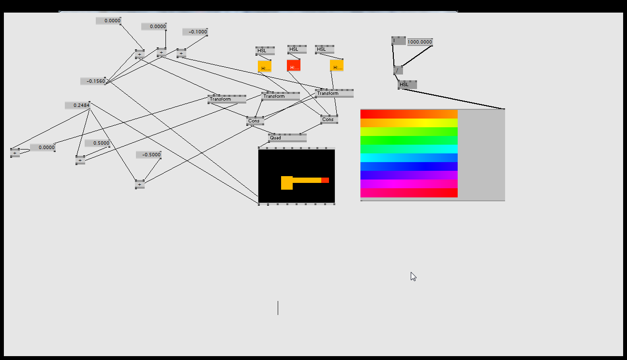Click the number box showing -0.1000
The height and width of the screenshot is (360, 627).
pos(195,32)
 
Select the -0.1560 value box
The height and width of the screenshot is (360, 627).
pos(93,81)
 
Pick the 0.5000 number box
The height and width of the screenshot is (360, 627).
pos(98,143)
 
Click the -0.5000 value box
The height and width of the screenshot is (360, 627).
pos(149,155)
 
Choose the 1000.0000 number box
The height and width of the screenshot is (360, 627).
pos(419,42)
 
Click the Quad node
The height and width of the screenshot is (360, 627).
pos(287,138)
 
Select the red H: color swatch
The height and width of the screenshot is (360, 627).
pos(294,65)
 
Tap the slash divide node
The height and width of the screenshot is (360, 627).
pos(398,70)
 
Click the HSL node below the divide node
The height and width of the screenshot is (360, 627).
pos(407,85)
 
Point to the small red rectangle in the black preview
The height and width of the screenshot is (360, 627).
pos(325,180)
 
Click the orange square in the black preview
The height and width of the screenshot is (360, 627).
pos(287,183)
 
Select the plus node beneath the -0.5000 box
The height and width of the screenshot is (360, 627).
pos(140,184)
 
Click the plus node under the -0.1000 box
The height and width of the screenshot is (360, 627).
pos(181,53)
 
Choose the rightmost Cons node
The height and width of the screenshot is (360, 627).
pos(329,119)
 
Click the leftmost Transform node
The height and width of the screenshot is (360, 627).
pos(226,99)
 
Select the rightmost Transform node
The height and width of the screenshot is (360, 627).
pos(334,93)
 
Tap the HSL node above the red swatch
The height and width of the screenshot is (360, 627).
pos(297,49)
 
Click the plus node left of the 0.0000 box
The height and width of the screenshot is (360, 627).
pos(15,153)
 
